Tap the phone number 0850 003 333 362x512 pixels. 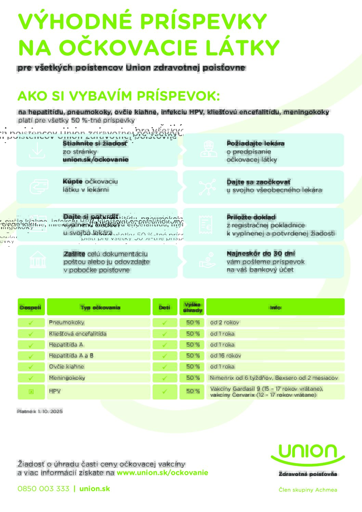coord(43,489)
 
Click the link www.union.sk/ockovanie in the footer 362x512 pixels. coord(162,473)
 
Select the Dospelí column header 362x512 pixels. coord(31,307)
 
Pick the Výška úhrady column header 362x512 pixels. coord(192,307)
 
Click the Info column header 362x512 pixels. coord(275,307)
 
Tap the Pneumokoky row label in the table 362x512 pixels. coord(66,322)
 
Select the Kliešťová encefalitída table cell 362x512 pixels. coord(78,333)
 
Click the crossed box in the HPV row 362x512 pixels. coord(31,392)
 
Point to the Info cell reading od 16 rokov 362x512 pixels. coord(225,356)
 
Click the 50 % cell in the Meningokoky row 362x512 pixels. coord(193,378)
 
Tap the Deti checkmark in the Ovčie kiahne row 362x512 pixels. coord(165,367)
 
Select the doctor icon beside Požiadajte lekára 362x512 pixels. coord(208,149)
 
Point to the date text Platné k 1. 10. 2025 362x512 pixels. coord(40,411)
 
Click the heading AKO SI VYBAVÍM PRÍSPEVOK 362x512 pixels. coord(118,96)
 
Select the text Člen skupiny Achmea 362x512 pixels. coord(308,490)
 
